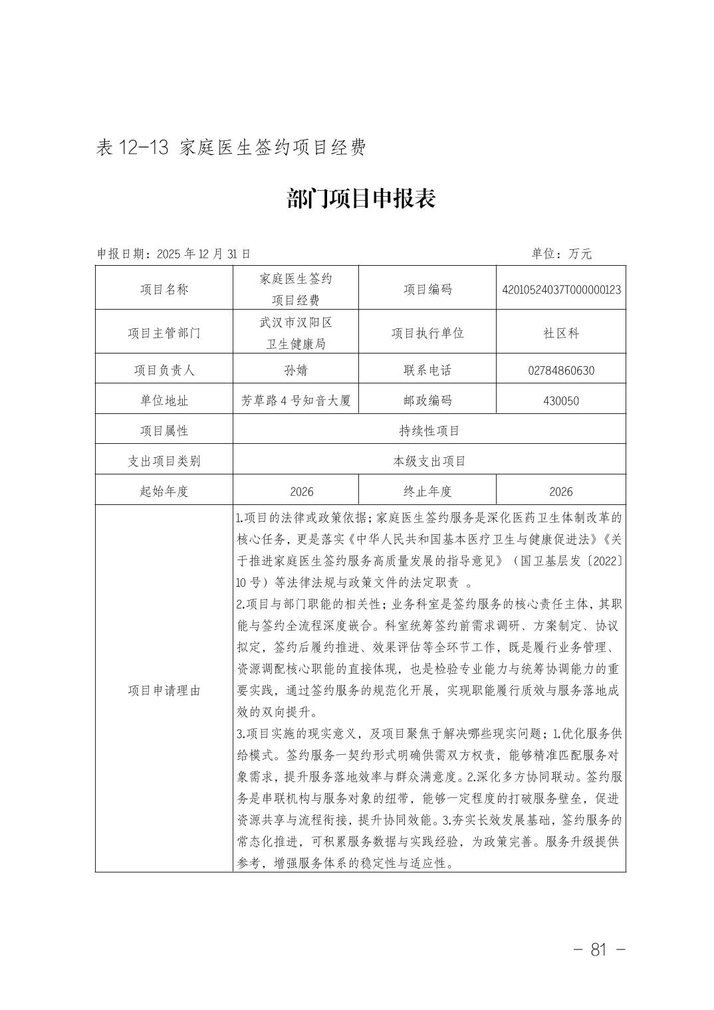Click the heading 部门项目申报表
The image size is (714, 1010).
click(361, 199)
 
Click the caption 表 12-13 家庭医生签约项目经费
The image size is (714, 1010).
click(231, 148)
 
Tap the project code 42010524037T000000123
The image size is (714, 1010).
click(561, 290)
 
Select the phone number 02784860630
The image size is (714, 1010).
click(561, 370)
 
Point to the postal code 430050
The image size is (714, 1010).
click(561, 401)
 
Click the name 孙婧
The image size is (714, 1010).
click(295, 370)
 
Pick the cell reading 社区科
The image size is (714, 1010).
click(561, 333)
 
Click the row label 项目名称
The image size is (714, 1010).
click(164, 290)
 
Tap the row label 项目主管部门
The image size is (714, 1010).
click(164, 333)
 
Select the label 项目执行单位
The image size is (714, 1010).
click(427, 333)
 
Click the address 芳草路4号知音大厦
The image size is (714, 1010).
click(295, 401)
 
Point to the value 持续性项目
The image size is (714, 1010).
click(429, 431)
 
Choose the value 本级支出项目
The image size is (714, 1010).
click(429, 461)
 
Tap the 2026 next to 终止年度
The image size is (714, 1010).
click(561, 492)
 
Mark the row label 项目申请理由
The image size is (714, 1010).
click(164, 690)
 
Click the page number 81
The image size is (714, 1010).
click(598, 950)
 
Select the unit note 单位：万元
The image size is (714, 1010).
click(561, 254)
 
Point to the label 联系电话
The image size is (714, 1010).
click(427, 370)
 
